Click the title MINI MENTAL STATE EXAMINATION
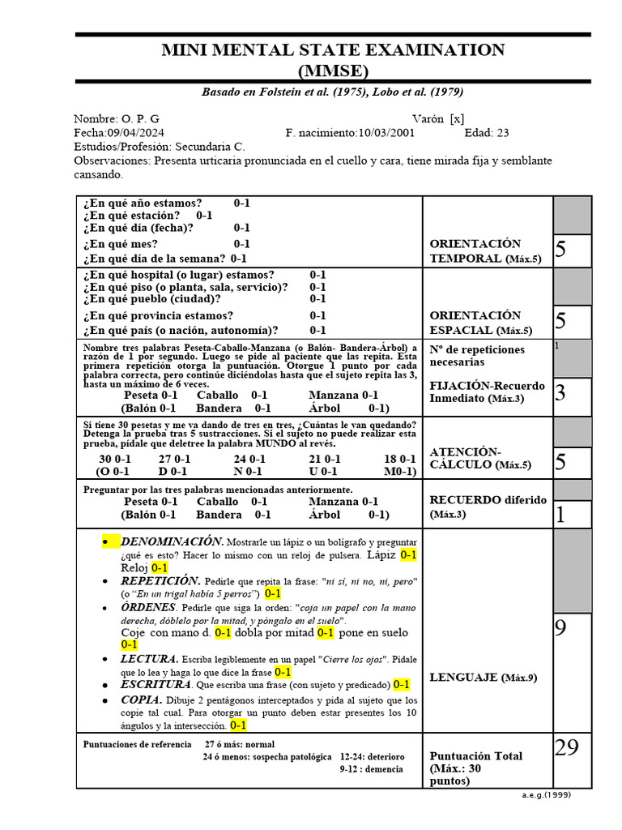pos(333,50)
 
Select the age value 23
pos(502,133)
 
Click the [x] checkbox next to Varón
pos(457,118)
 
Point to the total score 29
pos(567,747)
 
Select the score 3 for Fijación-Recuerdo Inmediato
pos(560,393)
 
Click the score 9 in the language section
pos(560,627)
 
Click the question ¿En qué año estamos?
pos(142,203)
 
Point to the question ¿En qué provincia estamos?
pos(157,315)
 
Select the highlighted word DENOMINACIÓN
pos(171,541)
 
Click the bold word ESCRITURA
pos(155,684)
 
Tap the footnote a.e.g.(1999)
pos(547,794)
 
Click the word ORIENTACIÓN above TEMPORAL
pos(475,244)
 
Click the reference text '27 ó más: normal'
pos(239,744)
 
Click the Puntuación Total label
pos(475,755)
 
